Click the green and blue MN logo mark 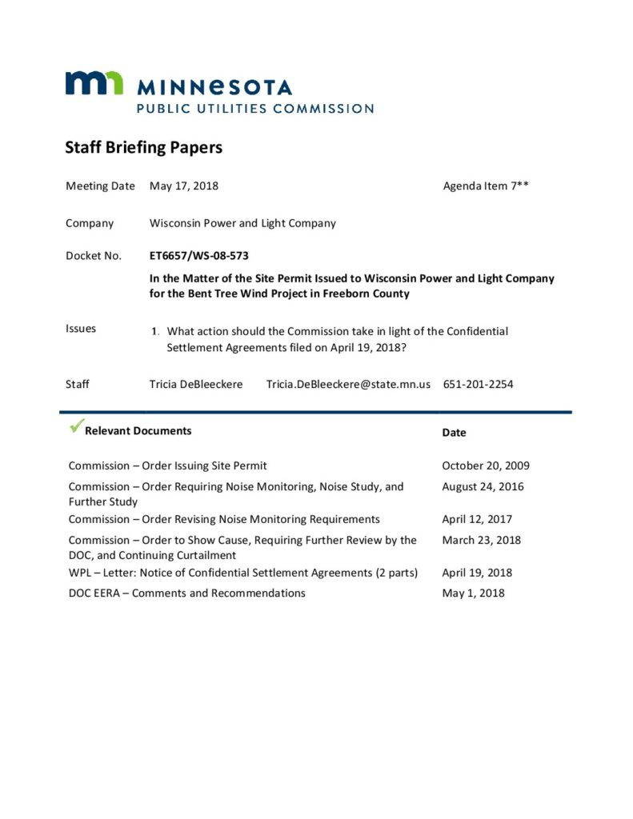[94, 83]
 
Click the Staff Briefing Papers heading [143, 148]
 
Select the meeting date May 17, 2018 [184, 186]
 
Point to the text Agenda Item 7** [486, 186]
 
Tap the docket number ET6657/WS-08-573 [198, 256]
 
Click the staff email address [348, 384]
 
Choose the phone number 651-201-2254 [478, 384]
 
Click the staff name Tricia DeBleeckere [195, 384]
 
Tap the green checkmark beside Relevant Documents [76, 428]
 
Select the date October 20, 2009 [486, 465]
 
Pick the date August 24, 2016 [483, 486]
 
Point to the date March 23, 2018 [481, 540]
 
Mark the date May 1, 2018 [473, 593]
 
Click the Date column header [454, 432]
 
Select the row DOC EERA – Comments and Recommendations [186, 593]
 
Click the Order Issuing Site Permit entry [167, 465]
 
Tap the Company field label [90, 223]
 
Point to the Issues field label [81, 329]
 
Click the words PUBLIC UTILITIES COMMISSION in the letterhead [254, 108]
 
